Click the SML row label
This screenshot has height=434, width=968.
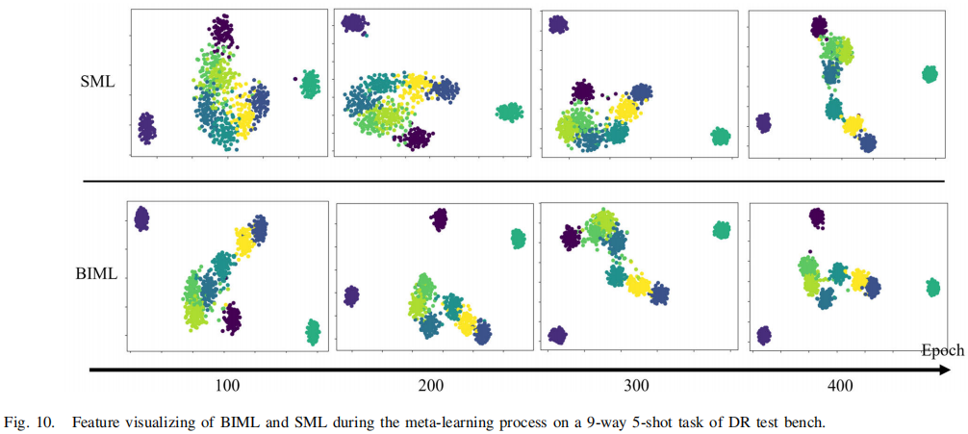(x=97, y=82)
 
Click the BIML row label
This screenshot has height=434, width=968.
(x=96, y=274)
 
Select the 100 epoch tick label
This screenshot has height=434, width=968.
(x=227, y=386)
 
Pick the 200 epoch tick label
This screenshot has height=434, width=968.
(x=431, y=386)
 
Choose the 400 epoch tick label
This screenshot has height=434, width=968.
(x=839, y=386)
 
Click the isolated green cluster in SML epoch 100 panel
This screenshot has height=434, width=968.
(x=310, y=85)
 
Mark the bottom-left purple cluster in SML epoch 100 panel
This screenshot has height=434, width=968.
(x=146, y=127)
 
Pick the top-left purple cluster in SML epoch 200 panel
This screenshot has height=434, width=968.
(x=354, y=22)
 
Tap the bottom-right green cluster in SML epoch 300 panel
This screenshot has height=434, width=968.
(x=720, y=137)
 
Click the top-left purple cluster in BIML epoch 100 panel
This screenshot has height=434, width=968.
(x=141, y=218)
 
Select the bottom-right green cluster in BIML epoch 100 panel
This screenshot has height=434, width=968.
(x=313, y=332)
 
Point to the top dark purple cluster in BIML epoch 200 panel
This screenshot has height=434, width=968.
(x=439, y=219)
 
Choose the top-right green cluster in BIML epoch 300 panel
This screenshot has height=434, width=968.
(x=721, y=230)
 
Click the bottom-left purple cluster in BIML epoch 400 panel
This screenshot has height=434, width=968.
(x=763, y=335)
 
